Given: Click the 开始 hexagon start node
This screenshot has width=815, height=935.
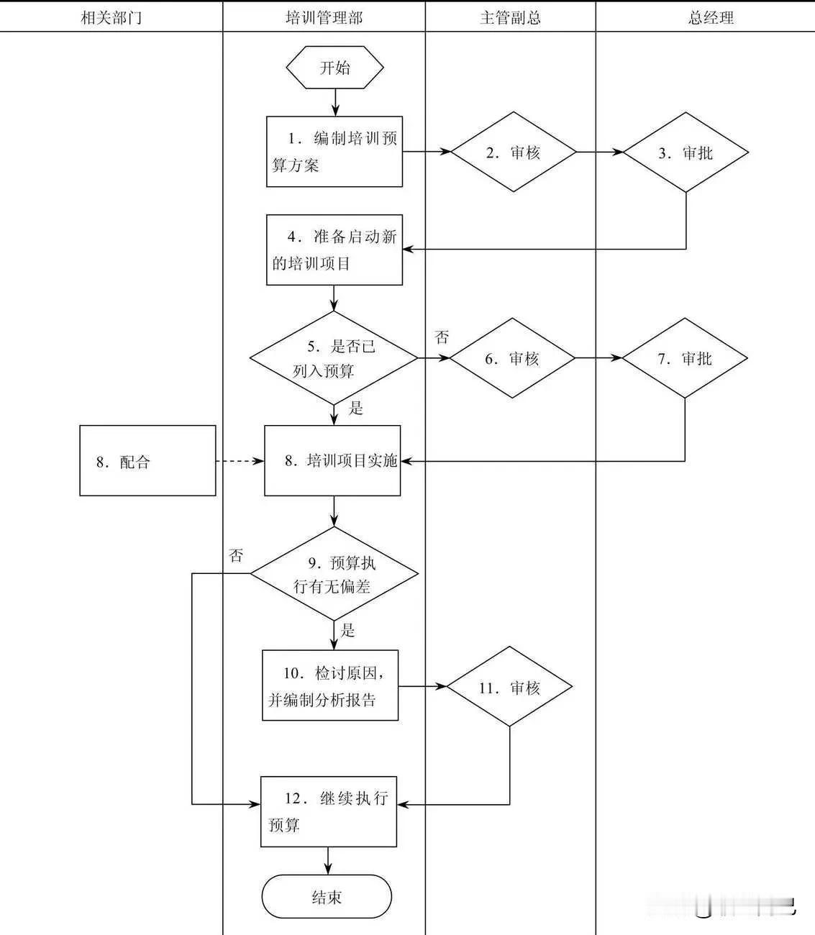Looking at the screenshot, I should coord(334,68).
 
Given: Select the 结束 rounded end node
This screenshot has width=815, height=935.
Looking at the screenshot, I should coord(327,897).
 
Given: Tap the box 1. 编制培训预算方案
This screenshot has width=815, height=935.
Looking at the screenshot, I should coord(334,152).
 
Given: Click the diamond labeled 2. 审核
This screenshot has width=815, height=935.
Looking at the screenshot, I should coord(514,152).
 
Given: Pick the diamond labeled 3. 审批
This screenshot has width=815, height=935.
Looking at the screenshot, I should coord(686,152).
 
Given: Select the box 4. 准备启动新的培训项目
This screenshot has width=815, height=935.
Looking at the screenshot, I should coord(334,250).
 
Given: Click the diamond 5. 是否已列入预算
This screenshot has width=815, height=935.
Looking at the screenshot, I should coord(334,358).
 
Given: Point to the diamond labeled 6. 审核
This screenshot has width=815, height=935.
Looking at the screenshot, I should coord(512,358).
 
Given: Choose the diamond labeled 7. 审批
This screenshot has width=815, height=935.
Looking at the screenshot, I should coord(684,358).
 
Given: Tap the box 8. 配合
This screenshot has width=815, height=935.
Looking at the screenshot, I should coord(147,461).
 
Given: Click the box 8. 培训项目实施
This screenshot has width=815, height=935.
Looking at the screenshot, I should coord(332,461).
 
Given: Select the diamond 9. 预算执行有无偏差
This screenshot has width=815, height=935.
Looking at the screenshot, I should coord(334,574).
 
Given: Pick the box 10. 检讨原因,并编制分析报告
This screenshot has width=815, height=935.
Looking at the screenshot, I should coord(330,685).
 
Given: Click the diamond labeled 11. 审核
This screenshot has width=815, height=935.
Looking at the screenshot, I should coord(509,687).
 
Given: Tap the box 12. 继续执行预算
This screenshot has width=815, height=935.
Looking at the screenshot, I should coord(329,811).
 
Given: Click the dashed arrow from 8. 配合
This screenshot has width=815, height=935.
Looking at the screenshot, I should coord(240,461).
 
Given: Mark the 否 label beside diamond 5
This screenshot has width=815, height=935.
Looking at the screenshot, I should coord(442,337).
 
